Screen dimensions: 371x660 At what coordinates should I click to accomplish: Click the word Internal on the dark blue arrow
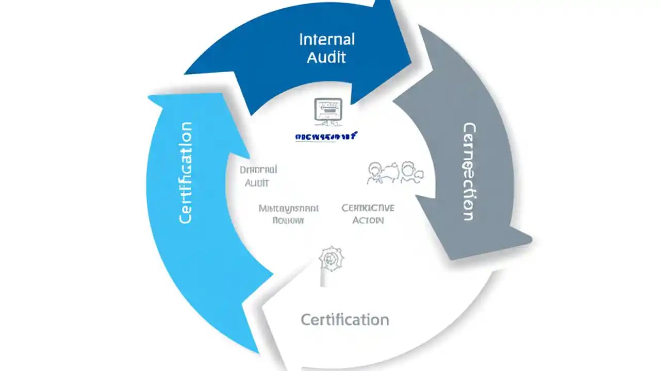point(326,39)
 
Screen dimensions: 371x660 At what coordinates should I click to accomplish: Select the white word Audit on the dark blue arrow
point(326,57)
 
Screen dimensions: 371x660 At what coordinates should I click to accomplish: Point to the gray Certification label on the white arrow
point(344,319)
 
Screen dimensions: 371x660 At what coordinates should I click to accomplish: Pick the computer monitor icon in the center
point(328,111)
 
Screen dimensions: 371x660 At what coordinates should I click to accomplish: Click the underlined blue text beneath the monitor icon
point(326,137)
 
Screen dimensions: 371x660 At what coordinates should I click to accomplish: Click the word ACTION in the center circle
point(368,221)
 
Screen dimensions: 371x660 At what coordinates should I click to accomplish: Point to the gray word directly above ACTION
point(368,208)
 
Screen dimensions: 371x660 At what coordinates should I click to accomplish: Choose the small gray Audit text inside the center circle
point(257,183)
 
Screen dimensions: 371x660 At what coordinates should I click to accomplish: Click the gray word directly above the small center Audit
point(259,170)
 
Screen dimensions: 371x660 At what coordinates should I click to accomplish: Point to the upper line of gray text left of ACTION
point(289,209)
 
